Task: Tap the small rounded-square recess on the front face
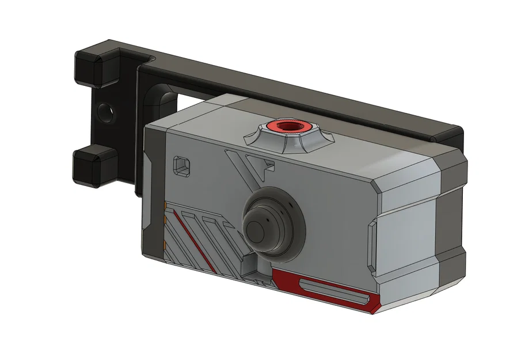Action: pyautogui.click(x=181, y=165)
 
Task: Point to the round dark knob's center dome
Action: pyautogui.click(x=257, y=230)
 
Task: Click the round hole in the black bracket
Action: pyautogui.click(x=104, y=111)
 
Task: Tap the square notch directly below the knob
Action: pyautogui.click(x=252, y=264)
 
